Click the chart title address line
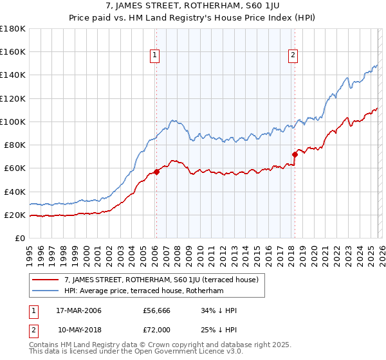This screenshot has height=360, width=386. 193,7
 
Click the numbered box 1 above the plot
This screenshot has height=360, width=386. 156,56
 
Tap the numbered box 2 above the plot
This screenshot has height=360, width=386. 293,56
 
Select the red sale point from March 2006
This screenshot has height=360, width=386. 156,172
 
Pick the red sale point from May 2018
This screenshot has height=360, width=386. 295,154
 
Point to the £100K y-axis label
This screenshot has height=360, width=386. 13,122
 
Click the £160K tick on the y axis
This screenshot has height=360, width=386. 13,51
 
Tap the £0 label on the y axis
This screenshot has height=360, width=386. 19,239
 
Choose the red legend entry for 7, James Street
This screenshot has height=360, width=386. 161,280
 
